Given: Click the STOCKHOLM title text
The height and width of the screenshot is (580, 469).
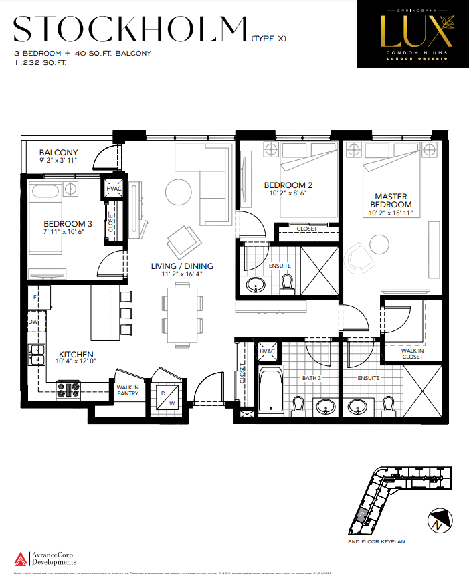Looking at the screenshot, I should [130, 30].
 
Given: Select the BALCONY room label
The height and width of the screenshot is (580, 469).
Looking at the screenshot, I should [58, 152].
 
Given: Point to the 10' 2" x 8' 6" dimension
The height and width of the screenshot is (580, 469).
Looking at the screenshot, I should [288, 194].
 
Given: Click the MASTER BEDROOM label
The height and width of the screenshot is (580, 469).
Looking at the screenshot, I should [393, 200].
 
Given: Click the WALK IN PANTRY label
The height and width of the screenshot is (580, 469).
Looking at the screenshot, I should [128, 390].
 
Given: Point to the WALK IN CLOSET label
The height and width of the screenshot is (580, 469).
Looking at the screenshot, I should [412, 353].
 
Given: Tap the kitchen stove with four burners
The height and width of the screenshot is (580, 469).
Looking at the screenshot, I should [68, 389].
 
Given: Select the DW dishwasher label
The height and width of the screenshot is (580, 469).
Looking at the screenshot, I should [33, 321].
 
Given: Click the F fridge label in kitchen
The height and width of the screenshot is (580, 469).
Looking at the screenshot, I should [33, 294].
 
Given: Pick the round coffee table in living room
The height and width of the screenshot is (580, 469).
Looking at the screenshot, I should [179, 193].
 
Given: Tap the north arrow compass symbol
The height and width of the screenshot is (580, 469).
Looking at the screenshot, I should [436, 522].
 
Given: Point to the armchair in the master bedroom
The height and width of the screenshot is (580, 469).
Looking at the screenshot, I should [362, 254].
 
